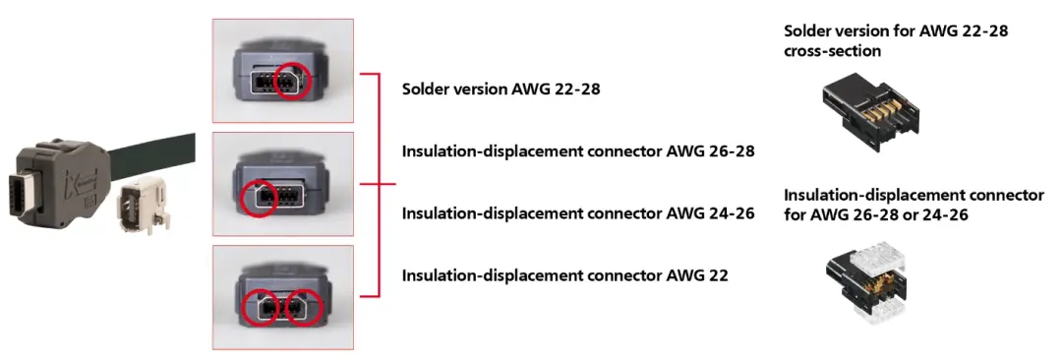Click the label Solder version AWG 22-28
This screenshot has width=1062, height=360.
pos(501,89)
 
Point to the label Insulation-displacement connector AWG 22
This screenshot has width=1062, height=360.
pos(564,274)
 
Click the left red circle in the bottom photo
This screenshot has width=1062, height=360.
pos(261,311)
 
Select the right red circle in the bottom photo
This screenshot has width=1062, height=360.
pos(304,311)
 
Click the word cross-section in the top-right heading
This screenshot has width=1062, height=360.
pos(832,49)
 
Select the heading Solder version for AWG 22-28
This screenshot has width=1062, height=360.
pos(895,31)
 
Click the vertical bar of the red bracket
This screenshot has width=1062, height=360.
pos(378,184)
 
